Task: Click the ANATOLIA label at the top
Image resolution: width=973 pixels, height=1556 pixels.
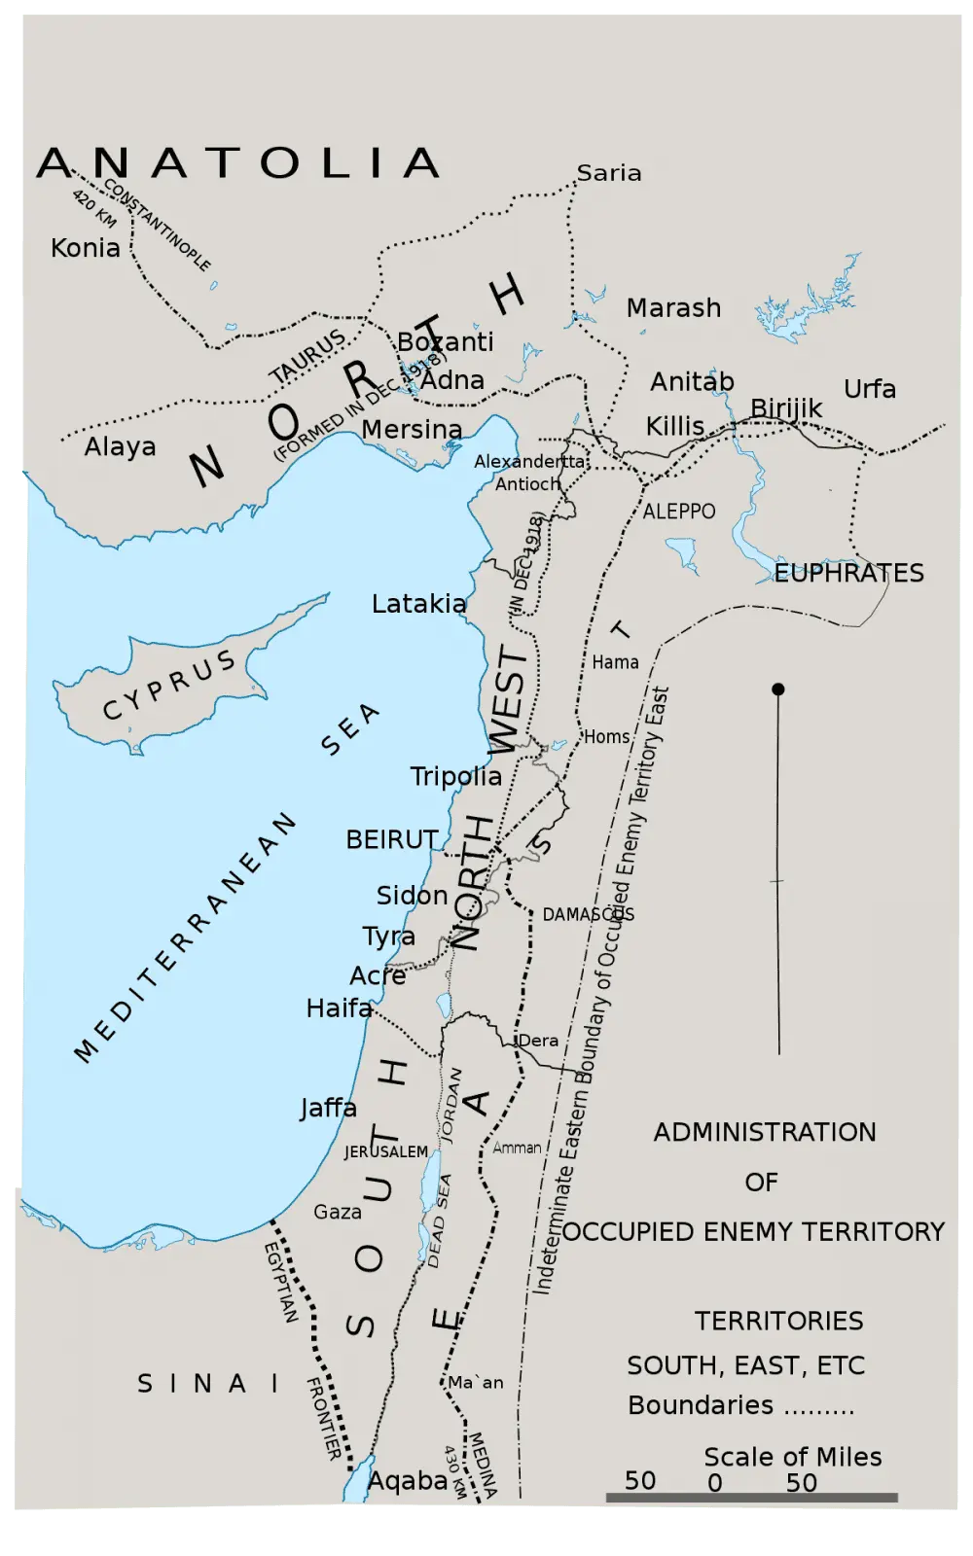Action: pyautogui.click(x=238, y=163)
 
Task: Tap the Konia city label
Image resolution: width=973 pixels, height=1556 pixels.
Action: pyautogui.click(x=86, y=248)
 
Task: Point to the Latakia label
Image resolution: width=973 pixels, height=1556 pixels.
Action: pyautogui.click(x=418, y=604)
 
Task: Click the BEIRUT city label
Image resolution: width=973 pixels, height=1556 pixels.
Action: pyautogui.click(x=391, y=839)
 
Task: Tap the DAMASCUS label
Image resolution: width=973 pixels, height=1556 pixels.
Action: pyautogui.click(x=588, y=914)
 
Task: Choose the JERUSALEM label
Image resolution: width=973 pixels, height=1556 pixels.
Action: pyautogui.click(x=385, y=1151)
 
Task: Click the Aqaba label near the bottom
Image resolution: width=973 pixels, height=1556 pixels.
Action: pyautogui.click(x=407, y=1480)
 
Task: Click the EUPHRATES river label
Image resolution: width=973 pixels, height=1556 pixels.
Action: pyautogui.click(x=848, y=573)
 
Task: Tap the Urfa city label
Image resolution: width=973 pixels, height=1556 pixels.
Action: pyautogui.click(x=869, y=389)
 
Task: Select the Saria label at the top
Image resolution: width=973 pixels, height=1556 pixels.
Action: pyautogui.click(x=609, y=173)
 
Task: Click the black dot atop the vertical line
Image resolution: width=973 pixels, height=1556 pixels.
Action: pyautogui.click(x=777, y=690)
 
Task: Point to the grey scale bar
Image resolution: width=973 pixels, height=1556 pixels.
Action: pyautogui.click(x=751, y=1498)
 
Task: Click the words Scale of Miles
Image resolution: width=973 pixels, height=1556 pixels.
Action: pyautogui.click(x=792, y=1457)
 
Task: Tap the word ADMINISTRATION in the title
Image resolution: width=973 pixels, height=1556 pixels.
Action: pyautogui.click(x=764, y=1132)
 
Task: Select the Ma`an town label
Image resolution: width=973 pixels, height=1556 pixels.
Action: pyautogui.click(x=476, y=1382)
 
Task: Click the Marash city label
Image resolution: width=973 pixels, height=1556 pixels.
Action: pyautogui.click(x=673, y=308)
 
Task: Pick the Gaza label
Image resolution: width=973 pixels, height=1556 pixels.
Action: pyautogui.click(x=338, y=1212)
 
